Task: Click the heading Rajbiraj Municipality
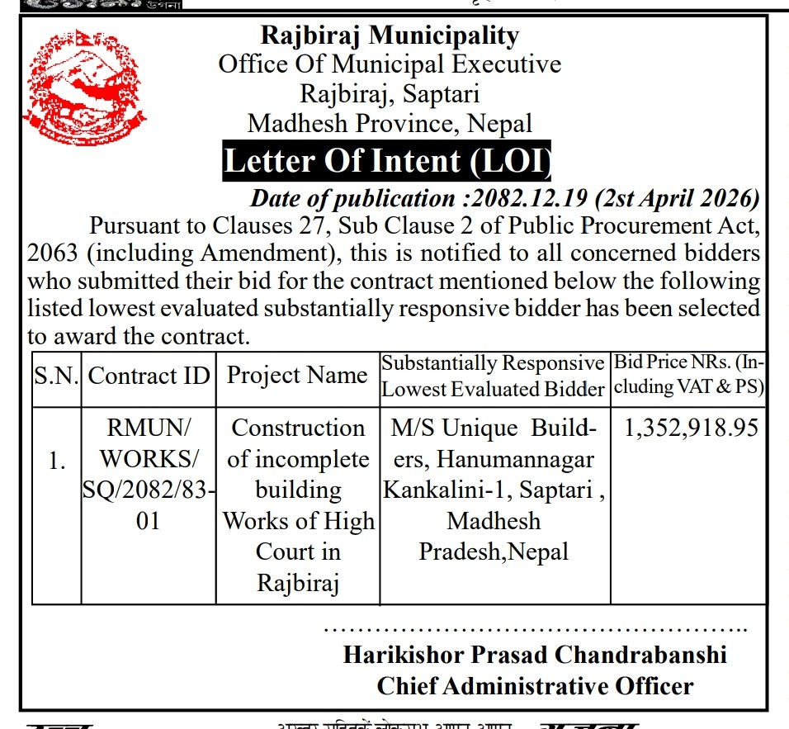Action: (x=390, y=36)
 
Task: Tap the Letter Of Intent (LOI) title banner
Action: (x=387, y=161)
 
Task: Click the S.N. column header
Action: (x=56, y=376)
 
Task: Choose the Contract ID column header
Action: (x=149, y=376)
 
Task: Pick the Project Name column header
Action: (x=297, y=376)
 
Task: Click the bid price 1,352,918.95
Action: (x=692, y=428)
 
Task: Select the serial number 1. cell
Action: (x=56, y=462)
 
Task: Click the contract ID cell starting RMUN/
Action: (x=149, y=475)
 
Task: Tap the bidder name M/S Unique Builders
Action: (x=493, y=428)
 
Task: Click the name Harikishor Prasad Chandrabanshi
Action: (x=535, y=655)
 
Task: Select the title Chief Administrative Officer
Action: (x=535, y=685)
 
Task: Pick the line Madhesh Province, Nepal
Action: (x=390, y=124)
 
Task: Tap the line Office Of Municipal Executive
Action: (x=390, y=64)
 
